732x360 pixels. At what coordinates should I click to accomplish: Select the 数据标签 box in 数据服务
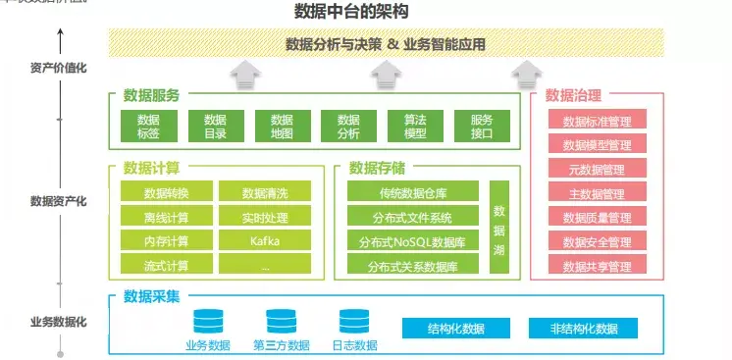point(148,126)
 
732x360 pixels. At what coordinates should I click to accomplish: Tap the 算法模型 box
point(415,126)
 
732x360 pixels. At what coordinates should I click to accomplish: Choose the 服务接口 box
point(482,126)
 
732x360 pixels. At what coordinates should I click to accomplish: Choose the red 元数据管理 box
point(597,170)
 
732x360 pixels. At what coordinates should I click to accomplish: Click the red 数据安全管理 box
point(597,241)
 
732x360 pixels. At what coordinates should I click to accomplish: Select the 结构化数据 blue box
point(456,329)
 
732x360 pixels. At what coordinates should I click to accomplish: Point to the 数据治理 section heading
point(574,96)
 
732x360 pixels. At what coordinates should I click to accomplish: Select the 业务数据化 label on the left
point(59,321)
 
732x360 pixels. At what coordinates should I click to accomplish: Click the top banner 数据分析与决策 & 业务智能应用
point(385,44)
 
